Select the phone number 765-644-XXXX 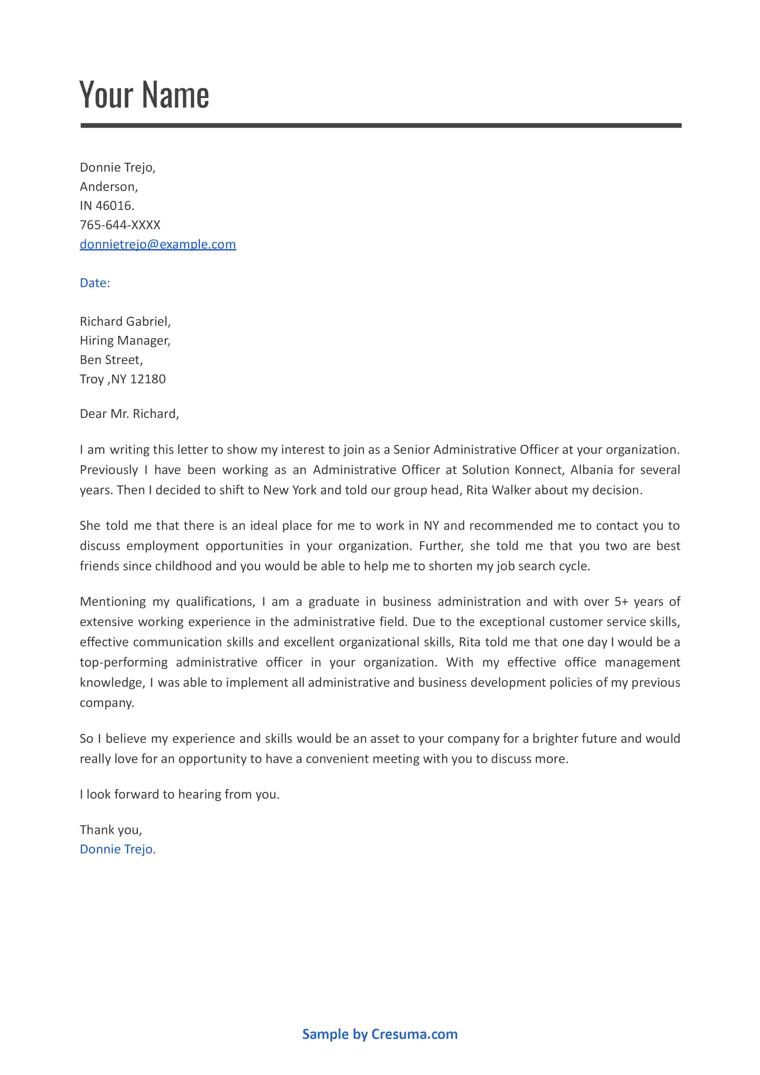[120, 225]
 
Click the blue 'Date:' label [95, 283]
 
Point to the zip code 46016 [114, 206]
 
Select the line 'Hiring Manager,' [125, 341]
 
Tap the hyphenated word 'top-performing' [123, 663]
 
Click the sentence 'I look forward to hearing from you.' [179, 795]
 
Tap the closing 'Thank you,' [111, 830]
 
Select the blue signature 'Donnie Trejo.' [118, 849]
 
